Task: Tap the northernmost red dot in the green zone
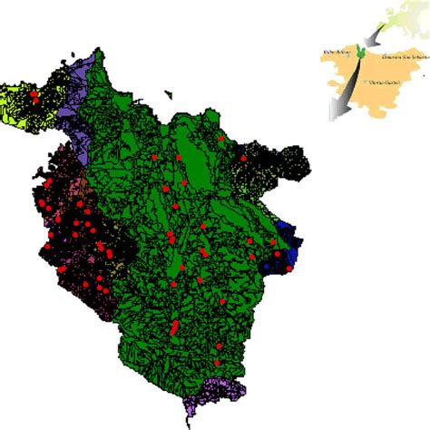click(x=220, y=138)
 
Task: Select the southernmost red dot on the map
click(x=217, y=365)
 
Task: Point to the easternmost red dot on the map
click(x=289, y=268)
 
